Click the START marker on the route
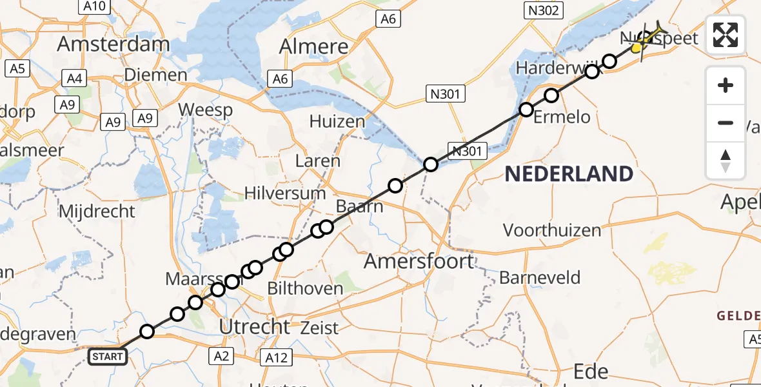point(107,356)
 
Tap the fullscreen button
point(726,35)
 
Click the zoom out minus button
point(726,123)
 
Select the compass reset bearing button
point(726,161)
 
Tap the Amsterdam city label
point(114,45)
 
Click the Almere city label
point(313,46)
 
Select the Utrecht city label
point(255,327)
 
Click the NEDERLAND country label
point(568,174)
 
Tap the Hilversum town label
point(286,193)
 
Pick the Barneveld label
point(540,278)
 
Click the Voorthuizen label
point(551,230)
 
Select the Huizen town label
point(337,121)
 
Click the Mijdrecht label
point(97,211)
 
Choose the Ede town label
point(591,372)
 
